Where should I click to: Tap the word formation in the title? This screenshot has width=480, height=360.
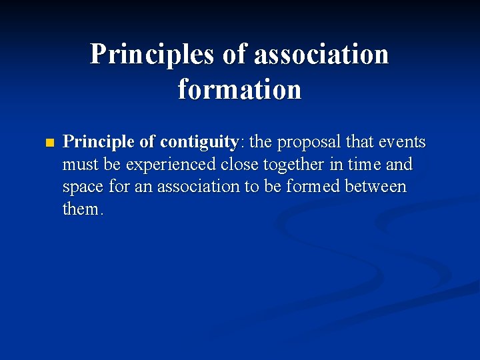[239, 89]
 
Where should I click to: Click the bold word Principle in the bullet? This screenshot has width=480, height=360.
[99, 142]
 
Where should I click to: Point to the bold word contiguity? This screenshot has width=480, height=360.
[199, 143]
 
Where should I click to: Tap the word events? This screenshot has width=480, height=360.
[402, 142]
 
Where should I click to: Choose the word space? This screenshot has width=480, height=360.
[83, 187]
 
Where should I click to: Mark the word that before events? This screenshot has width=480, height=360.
[360, 142]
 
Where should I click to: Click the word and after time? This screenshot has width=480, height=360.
[400, 164]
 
